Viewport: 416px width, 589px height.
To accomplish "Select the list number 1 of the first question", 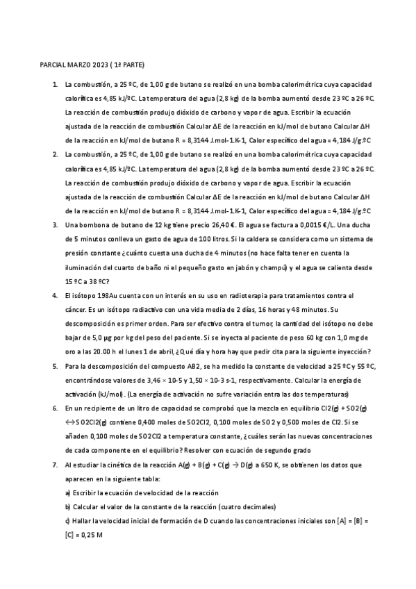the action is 54,84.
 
